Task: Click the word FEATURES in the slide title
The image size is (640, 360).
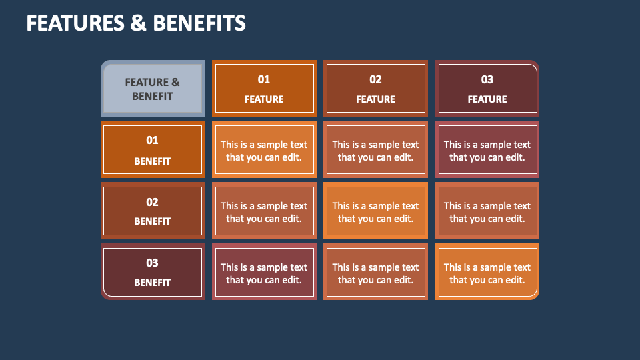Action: pyautogui.click(x=75, y=23)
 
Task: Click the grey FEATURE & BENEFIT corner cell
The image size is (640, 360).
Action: pyautogui.click(x=153, y=89)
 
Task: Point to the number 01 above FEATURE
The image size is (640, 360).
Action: pyautogui.click(x=264, y=79)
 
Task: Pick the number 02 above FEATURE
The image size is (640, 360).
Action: pyautogui.click(x=375, y=79)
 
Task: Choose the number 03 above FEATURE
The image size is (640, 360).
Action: pyautogui.click(x=487, y=79)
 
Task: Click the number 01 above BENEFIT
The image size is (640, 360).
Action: pyautogui.click(x=153, y=140)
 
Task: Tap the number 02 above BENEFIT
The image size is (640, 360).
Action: pyautogui.click(x=153, y=202)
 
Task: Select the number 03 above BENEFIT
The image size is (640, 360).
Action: pyautogui.click(x=153, y=263)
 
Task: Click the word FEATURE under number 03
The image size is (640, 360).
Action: pyautogui.click(x=487, y=99)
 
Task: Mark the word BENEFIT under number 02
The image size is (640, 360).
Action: pyautogui.click(x=153, y=221)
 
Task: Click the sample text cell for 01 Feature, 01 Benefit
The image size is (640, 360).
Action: pyautogui.click(x=264, y=151)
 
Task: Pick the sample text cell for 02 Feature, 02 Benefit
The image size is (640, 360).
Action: pyautogui.click(x=375, y=212)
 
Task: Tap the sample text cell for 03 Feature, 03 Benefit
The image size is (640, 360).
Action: pyautogui.click(x=487, y=273)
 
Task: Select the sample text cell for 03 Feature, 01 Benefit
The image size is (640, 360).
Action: pyautogui.click(x=487, y=151)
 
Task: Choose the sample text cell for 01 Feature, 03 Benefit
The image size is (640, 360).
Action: pyautogui.click(x=264, y=273)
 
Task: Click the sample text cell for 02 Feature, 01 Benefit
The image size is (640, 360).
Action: pyautogui.click(x=375, y=151)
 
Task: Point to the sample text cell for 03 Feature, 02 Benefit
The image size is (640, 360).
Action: pyautogui.click(x=487, y=212)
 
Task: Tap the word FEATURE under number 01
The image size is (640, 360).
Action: pyautogui.click(x=264, y=99)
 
